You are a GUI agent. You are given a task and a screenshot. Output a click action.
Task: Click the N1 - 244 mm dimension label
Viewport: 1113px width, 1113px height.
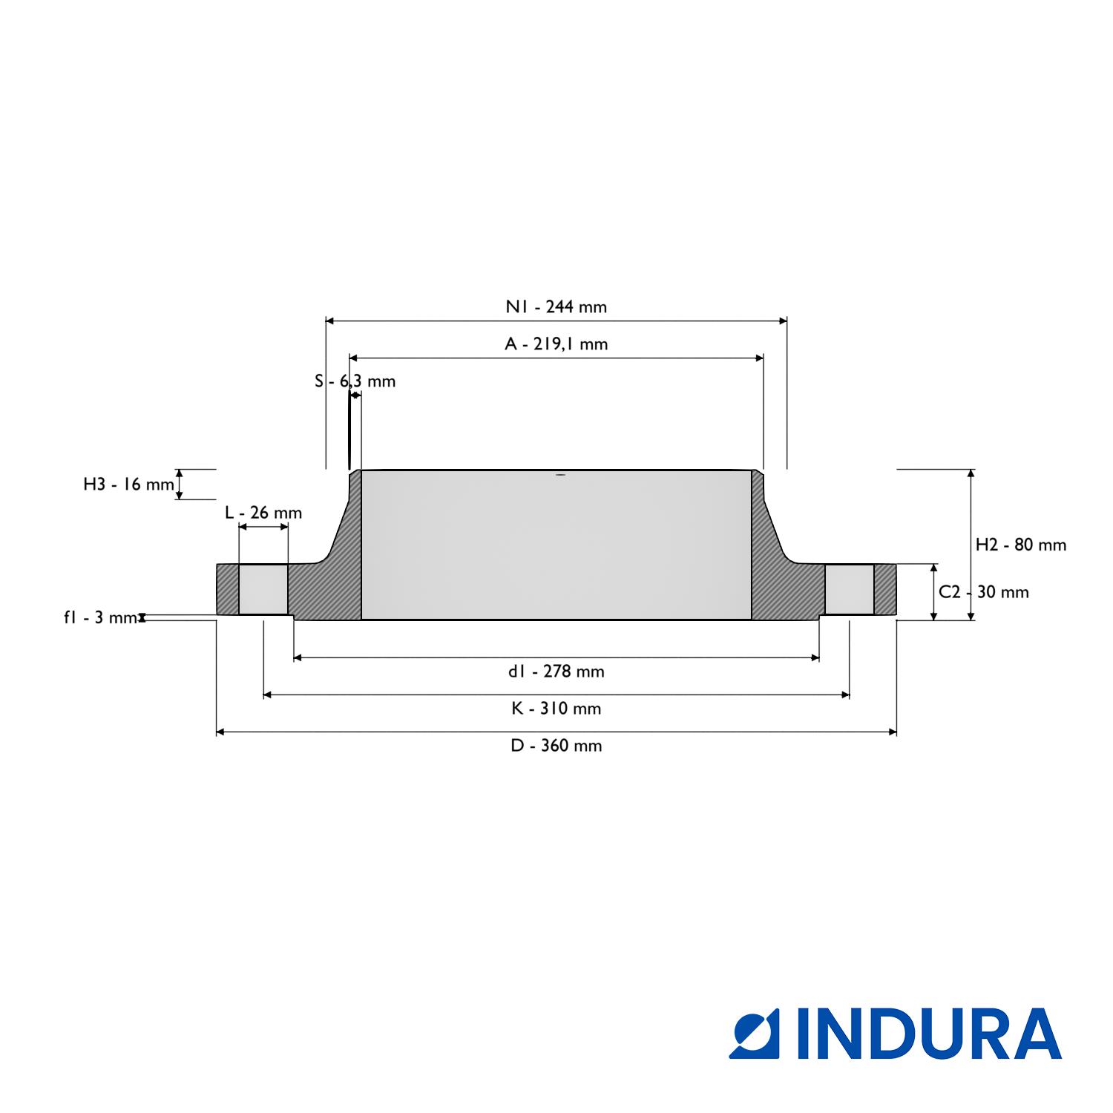tap(556, 306)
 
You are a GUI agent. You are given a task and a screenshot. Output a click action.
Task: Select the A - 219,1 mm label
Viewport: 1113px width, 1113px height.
tap(556, 344)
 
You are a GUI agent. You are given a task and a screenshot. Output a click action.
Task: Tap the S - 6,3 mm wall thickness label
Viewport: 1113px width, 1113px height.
tap(355, 381)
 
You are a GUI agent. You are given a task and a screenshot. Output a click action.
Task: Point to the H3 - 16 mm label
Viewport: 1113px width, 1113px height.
tap(128, 485)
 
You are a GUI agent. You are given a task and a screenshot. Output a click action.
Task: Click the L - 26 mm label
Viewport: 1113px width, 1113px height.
tap(263, 513)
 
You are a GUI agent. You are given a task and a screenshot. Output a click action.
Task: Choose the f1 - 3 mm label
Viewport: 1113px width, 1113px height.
tap(100, 617)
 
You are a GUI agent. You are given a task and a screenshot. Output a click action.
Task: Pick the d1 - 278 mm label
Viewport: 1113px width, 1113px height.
tap(556, 672)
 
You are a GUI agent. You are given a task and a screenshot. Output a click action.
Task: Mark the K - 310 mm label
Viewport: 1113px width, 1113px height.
tap(556, 709)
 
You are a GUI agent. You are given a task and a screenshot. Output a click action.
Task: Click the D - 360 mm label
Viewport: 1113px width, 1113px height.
tap(556, 746)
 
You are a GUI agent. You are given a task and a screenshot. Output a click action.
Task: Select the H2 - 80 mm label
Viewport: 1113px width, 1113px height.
tap(1021, 545)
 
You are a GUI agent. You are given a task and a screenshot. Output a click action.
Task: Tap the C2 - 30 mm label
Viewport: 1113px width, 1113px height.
tap(984, 592)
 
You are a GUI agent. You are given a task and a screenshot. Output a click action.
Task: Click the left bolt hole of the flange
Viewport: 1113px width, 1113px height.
tap(263, 589)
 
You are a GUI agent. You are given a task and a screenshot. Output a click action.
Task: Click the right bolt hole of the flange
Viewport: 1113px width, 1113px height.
tap(850, 589)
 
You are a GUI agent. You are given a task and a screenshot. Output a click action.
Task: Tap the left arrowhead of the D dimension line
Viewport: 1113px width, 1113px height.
tap(220, 732)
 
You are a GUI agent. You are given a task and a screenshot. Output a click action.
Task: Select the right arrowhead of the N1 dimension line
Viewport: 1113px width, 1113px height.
tap(783, 321)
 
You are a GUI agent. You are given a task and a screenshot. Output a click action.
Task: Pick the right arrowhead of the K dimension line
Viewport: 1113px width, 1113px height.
tap(845, 695)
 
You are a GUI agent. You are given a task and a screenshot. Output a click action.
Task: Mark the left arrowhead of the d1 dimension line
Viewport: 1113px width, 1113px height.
tap(298, 657)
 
